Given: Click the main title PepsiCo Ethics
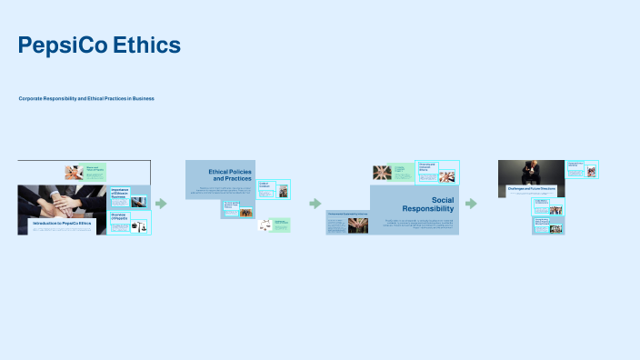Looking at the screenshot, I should pyautogui.click(x=99, y=45).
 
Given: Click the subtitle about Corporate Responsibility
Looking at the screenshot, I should pyautogui.click(x=86, y=98).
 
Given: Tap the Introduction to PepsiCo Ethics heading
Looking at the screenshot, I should pyautogui.click(x=63, y=223).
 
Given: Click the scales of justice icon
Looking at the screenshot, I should pyautogui.click(x=140, y=226).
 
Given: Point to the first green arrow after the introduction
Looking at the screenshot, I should pyautogui.click(x=162, y=204).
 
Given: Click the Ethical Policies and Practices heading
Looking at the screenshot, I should pyautogui.click(x=229, y=175).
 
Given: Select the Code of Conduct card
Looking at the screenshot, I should pyautogui.click(x=274, y=189).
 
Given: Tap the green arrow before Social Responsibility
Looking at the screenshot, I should pyautogui.click(x=315, y=204).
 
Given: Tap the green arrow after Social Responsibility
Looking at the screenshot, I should pyautogui.click(x=471, y=204).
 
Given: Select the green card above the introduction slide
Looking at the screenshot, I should pyautogui.click(x=85, y=172).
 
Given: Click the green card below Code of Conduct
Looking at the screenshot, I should pyautogui.click(x=273, y=225).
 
